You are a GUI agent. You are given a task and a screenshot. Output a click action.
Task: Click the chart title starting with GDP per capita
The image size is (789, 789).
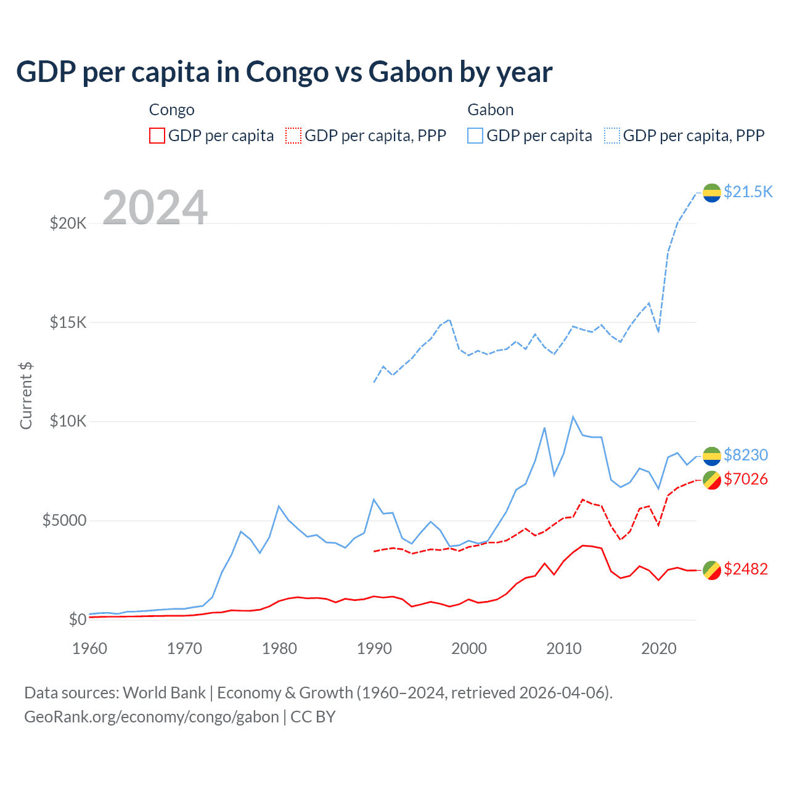coord(284,72)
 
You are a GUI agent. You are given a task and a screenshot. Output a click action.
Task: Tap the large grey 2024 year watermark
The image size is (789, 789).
coord(155,208)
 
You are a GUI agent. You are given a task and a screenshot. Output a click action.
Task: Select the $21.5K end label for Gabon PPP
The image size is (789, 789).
coord(748,192)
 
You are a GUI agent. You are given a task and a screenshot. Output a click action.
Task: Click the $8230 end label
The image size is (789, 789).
coord(745,455)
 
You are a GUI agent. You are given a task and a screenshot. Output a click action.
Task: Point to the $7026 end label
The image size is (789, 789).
coord(745,479)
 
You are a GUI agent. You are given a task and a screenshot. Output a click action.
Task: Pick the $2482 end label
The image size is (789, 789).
coord(745,569)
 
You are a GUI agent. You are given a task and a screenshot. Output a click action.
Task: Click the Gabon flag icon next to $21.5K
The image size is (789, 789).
coord(712,192)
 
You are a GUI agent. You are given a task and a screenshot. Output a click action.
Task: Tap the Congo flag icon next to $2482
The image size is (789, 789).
coord(712,570)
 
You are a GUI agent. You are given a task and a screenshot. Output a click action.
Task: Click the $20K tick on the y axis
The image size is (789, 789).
coord(68,223)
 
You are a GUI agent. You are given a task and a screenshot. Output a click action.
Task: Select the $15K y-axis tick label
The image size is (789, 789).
coord(68,322)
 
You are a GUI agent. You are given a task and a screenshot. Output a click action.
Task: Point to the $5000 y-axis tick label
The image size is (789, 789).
coord(64,521)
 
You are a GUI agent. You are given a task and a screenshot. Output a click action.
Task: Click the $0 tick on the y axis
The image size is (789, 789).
coord(77,619)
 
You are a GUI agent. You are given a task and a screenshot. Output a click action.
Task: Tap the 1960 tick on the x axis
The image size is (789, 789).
coord(90,648)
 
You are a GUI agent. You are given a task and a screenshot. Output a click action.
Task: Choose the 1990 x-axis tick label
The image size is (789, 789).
coord(374,648)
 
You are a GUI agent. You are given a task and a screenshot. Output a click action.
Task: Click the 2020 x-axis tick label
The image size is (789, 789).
coord(659,648)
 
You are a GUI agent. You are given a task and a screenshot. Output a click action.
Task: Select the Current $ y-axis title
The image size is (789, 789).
coord(26,396)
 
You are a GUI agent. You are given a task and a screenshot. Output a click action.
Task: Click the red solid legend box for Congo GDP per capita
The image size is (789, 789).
coord(157,136)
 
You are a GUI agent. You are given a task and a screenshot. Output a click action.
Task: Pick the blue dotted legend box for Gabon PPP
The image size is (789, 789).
coord(612,136)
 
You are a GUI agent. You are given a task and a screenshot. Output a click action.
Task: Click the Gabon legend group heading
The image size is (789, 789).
coord(490,110)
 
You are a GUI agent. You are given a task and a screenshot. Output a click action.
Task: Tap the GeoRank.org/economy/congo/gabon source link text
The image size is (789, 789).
coord(152,717)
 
